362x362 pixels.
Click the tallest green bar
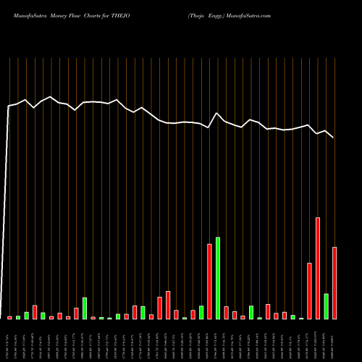coord(218,278)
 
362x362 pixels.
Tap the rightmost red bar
coord(334,283)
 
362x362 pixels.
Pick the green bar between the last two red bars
coord(326,306)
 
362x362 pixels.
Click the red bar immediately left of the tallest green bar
coord(209,282)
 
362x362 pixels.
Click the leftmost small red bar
coord(10,317)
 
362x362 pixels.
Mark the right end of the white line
coord(334,138)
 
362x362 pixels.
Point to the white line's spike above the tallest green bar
coord(217,113)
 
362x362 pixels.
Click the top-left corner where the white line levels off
coord(9,106)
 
